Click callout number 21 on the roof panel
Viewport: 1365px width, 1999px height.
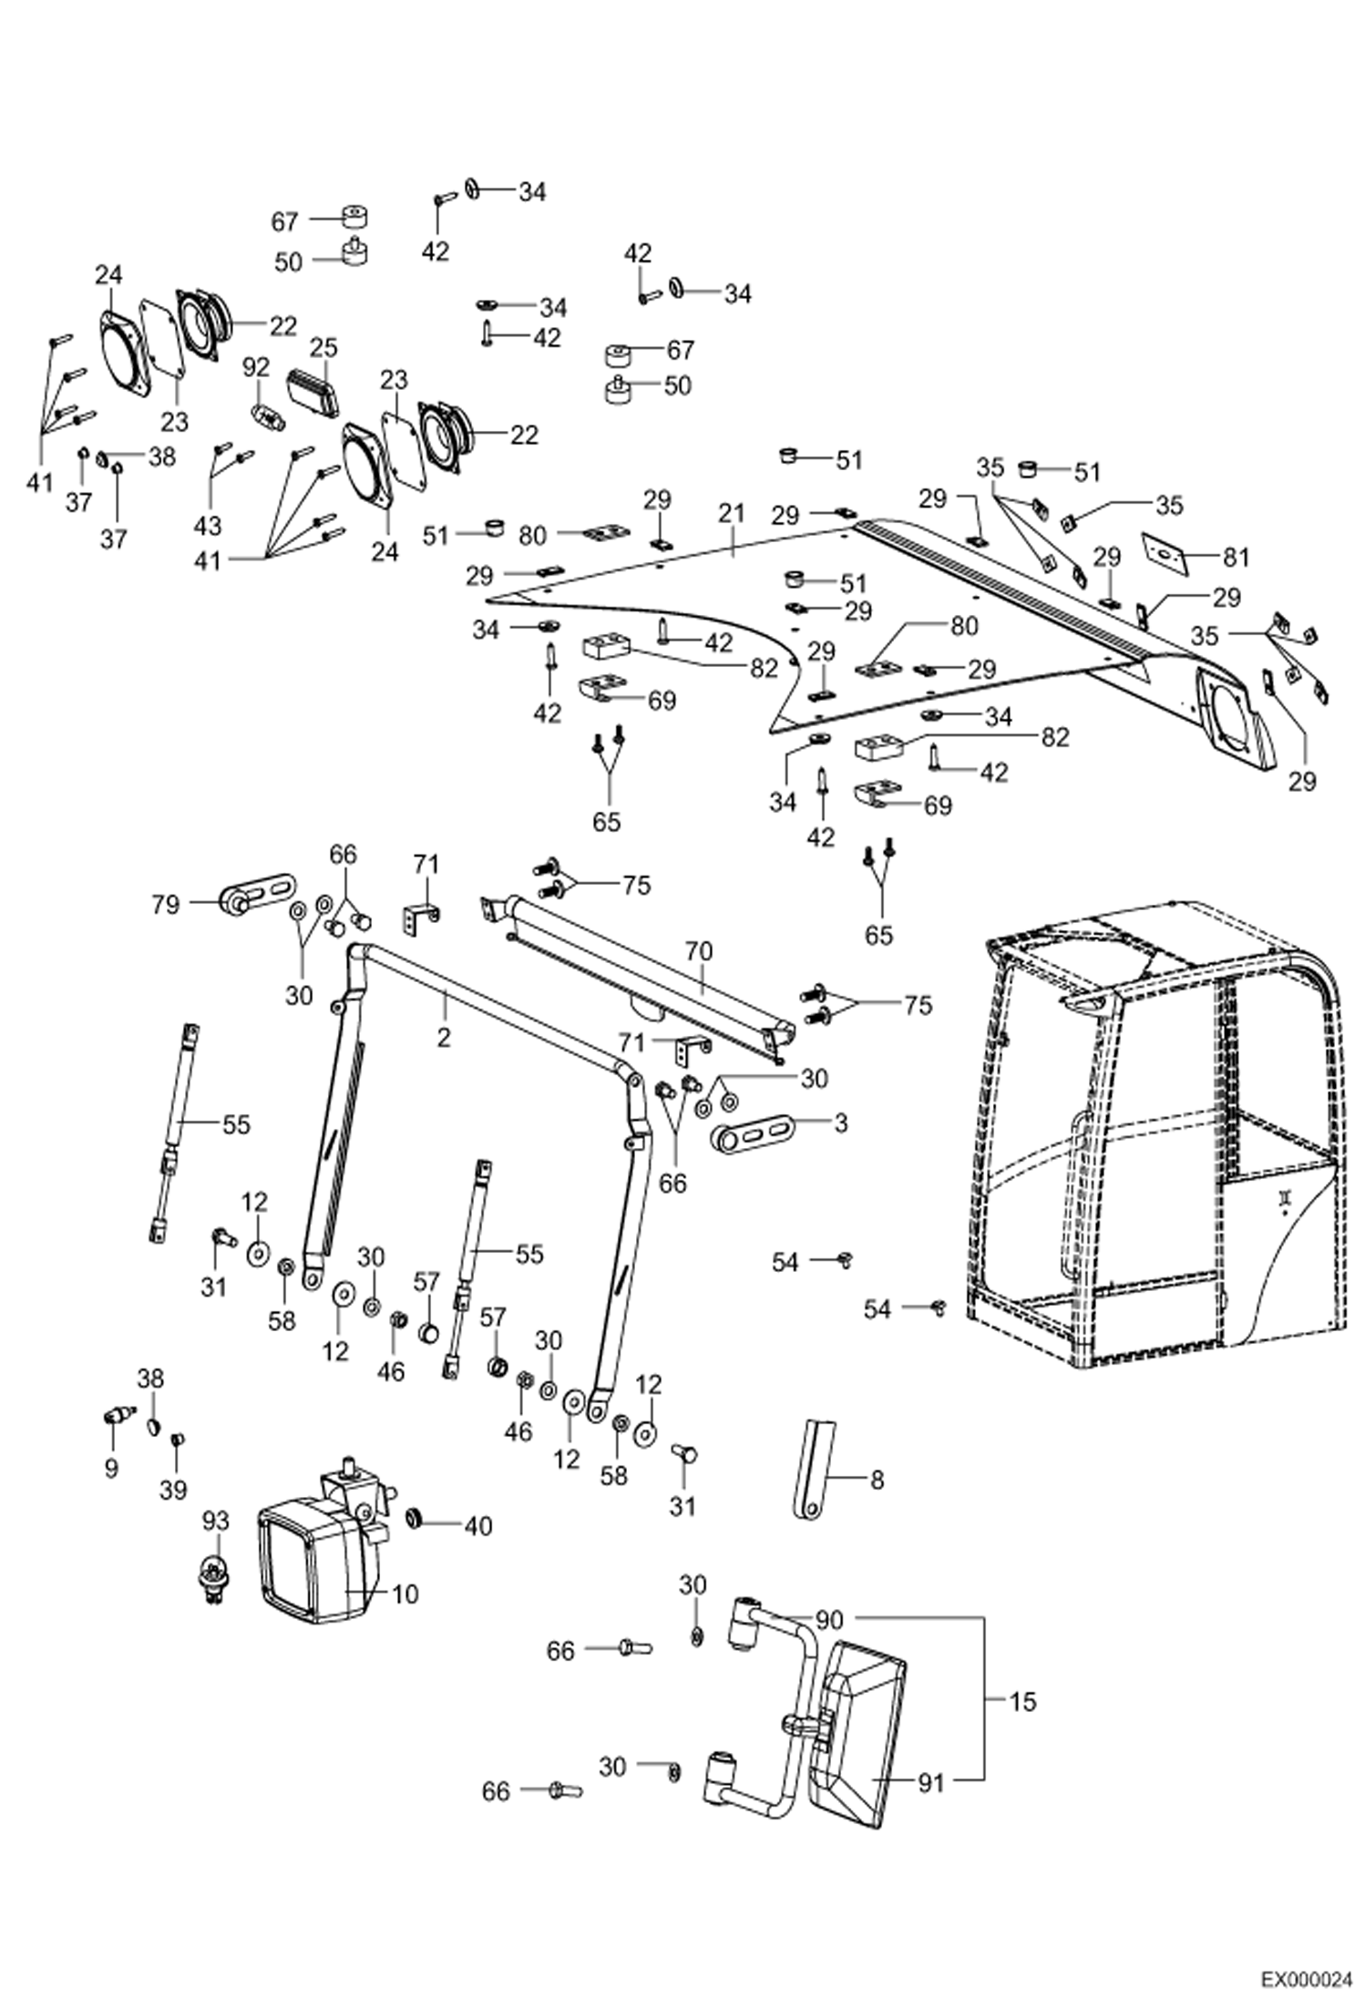point(731,515)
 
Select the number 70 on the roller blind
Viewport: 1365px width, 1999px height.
point(699,952)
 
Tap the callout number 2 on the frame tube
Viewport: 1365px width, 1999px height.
point(444,1037)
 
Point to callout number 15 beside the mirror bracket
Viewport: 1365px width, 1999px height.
point(1023,1701)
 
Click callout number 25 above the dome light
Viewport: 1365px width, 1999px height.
point(323,348)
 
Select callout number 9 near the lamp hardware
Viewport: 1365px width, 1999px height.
point(111,1469)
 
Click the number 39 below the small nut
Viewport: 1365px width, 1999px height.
point(172,1489)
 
